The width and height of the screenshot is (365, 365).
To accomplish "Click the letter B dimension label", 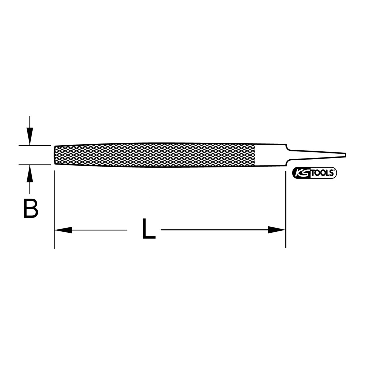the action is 31,209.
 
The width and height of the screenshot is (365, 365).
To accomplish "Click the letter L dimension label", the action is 149,228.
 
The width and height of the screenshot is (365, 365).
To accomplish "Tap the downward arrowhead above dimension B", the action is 29,136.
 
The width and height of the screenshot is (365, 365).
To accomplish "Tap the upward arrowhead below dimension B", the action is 29,174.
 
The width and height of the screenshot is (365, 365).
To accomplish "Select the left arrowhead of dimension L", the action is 63,230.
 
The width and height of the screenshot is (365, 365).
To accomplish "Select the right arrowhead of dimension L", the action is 276,230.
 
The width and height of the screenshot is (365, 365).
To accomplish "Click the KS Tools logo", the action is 314,173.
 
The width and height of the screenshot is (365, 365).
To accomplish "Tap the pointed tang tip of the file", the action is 346,155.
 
